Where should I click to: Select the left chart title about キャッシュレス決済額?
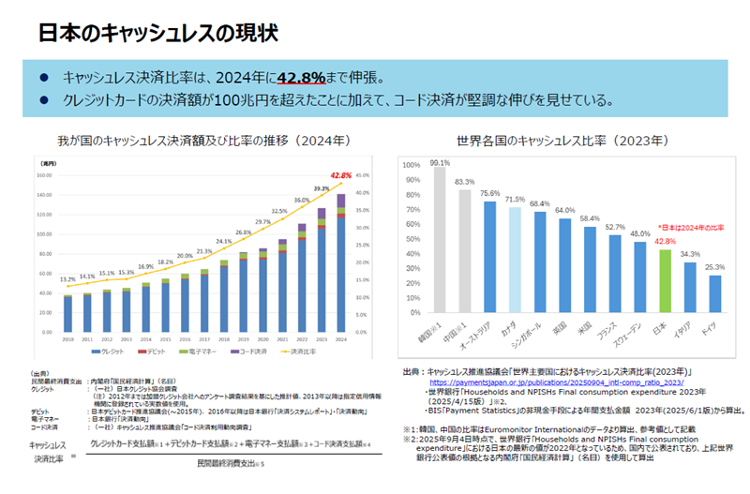pyautogui.click(x=203, y=141)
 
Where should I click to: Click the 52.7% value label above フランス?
pyautogui.click(x=614, y=227)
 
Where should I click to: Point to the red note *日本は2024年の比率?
pyautogui.click(x=691, y=227)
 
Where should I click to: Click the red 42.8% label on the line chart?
pyautogui.click(x=340, y=174)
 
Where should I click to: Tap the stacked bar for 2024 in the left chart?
pyautogui.click(x=340, y=263)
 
